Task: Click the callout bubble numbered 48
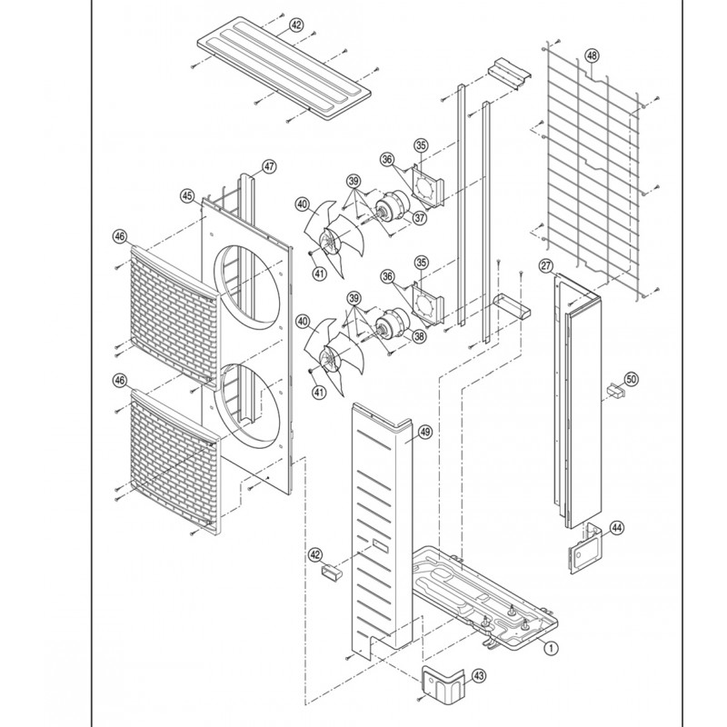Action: coord(593,55)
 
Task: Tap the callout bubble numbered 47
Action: coord(269,166)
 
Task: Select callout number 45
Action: coord(187,196)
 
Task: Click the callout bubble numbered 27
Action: coord(546,265)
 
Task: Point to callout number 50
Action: coord(632,379)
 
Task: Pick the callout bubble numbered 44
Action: coord(617,528)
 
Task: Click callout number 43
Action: coord(479,675)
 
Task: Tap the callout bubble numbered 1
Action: coord(551,648)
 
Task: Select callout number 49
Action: coord(425,433)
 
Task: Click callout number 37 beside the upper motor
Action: coord(420,217)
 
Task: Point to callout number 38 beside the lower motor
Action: coord(419,335)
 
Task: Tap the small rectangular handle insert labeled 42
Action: coord(331,570)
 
